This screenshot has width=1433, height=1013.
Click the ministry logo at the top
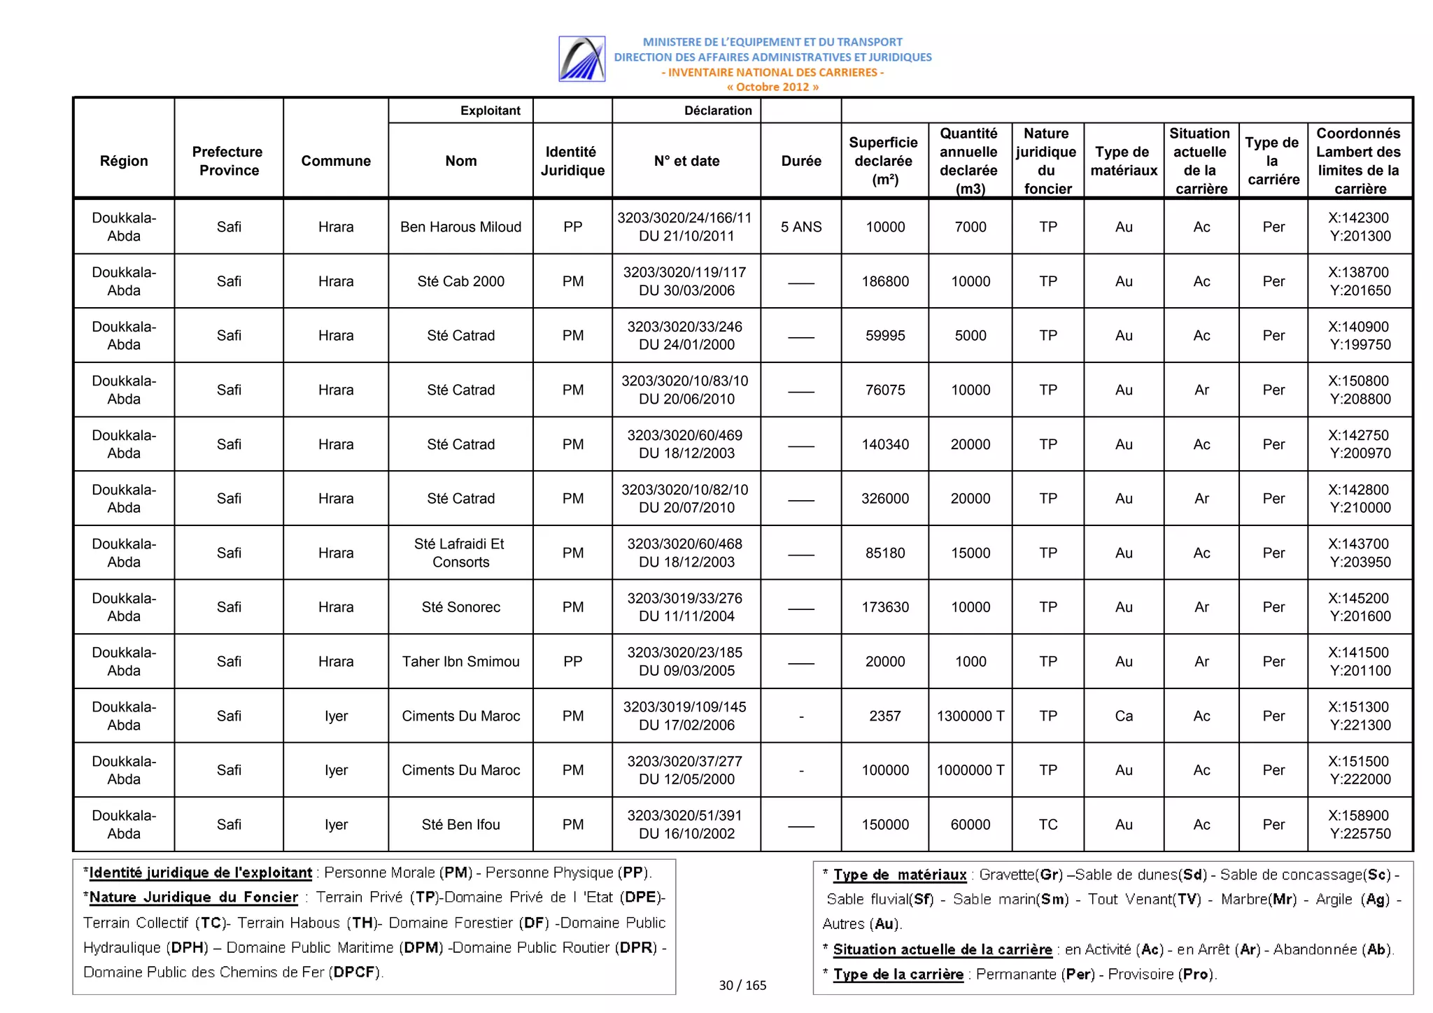click(581, 59)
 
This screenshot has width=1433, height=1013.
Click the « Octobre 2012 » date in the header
click(772, 87)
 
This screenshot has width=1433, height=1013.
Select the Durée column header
click(800, 161)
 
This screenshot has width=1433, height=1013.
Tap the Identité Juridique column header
click(572, 161)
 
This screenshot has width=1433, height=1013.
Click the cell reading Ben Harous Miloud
click(460, 227)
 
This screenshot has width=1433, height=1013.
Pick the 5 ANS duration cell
click(800, 227)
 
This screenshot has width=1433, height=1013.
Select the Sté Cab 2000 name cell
click(460, 281)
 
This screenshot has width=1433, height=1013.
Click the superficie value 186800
click(884, 281)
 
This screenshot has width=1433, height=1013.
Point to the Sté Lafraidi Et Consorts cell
click(460, 553)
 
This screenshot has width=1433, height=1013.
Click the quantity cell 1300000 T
click(970, 716)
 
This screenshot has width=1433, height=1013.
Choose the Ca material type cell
click(1123, 716)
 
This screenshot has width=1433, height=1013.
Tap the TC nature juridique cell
click(1047, 824)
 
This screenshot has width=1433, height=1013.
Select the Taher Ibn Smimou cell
click(460, 661)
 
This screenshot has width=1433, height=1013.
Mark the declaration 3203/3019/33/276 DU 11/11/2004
click(686, 607)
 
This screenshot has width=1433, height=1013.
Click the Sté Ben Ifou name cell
click(460, 824)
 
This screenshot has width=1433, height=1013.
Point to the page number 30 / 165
click(742, 985)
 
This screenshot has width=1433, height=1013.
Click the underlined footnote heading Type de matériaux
click(899, 874)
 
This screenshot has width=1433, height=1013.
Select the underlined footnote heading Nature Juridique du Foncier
click(194, 897)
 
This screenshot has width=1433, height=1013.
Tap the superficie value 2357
click(884, 716)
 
